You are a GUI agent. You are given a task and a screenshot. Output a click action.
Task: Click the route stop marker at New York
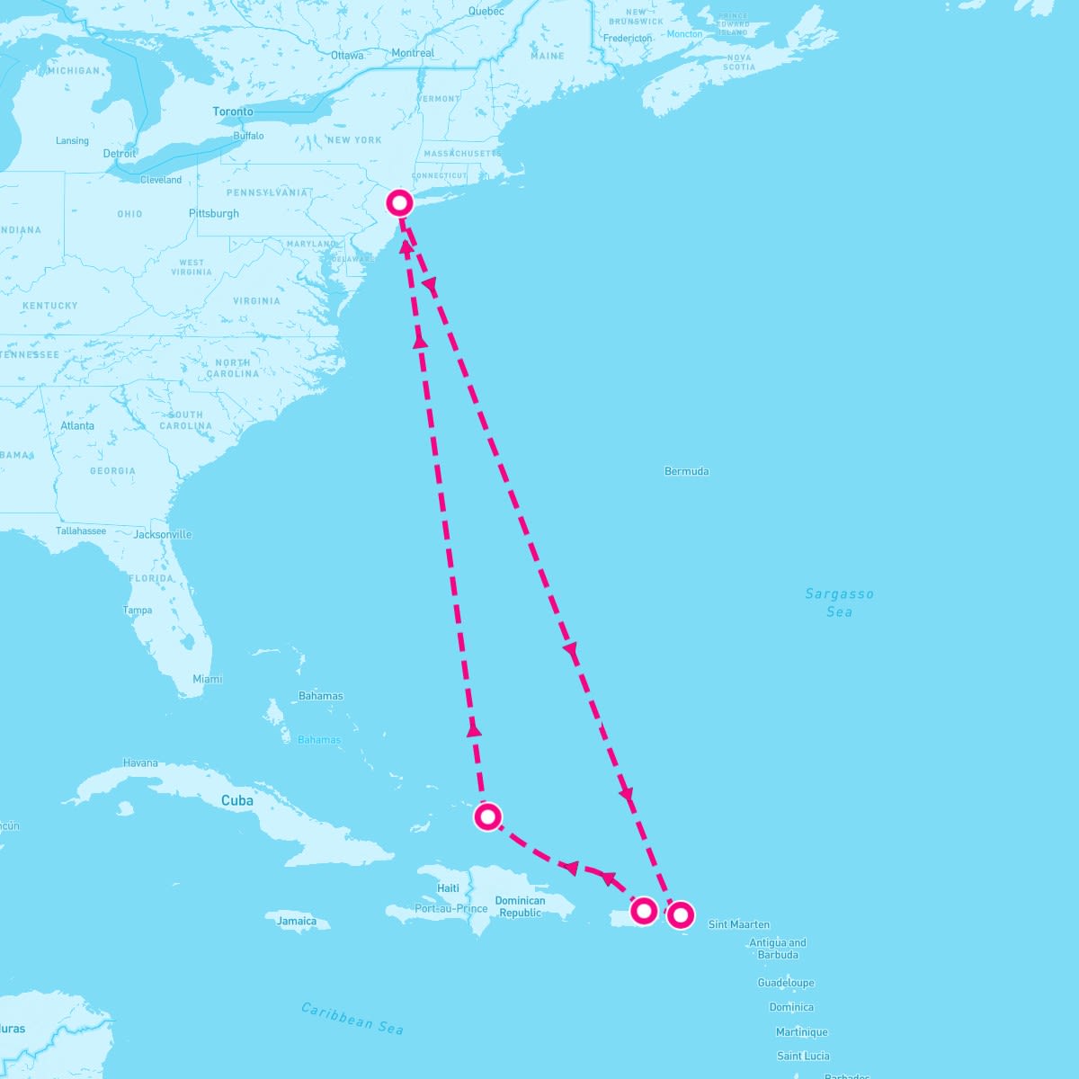tap(399, 202)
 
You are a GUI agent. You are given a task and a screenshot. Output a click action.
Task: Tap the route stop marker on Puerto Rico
tap(644, 911)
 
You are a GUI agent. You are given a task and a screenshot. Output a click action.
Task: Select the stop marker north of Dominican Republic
tap(487, 816)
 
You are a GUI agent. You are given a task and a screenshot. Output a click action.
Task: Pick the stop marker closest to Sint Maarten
tap(681, 915)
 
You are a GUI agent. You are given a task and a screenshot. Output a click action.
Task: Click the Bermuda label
tap(686, 471)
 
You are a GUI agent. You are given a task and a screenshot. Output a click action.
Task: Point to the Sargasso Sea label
tap(839, 602)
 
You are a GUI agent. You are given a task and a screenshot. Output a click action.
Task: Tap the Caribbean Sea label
tap(352, 1017)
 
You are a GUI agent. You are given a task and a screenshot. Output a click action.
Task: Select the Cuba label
tap(237, 800)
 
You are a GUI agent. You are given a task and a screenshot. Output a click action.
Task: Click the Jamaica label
tap(297, 921)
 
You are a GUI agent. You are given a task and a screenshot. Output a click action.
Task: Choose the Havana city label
tap(140, 762)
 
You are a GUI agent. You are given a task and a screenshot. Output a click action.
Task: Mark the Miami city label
tap(208, 679)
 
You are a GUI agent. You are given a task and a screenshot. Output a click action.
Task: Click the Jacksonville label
tap(163, 534)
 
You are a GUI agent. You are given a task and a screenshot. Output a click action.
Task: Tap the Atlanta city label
tap(77, 425)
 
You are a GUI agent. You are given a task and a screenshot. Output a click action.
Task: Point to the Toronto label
tap(233, 111)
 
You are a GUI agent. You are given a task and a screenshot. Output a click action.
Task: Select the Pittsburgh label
tap(214, 213)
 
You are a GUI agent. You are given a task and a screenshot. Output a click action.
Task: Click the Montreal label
tap(413, 53)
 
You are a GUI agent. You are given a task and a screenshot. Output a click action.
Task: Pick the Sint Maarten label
tap(739, 924)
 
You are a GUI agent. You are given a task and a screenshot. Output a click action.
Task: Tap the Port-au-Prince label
tap(451, 908)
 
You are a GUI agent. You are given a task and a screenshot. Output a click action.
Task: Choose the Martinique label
tap(802, 1032)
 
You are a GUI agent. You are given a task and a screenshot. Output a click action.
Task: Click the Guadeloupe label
tap(786, 983)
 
